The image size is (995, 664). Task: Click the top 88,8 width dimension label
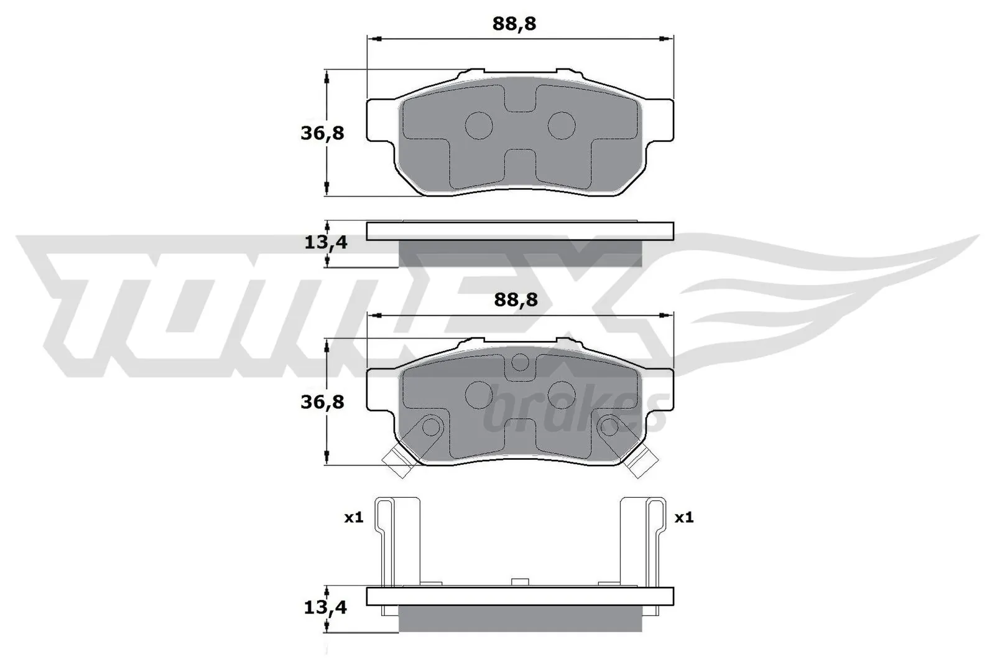coord(514,24)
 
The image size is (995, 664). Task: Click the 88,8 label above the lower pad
coord(516,300)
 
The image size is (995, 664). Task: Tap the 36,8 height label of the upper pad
coord(322,133)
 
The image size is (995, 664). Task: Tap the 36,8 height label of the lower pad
coord(322,402)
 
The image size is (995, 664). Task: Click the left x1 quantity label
coord(354,518)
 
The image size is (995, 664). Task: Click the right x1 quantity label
coord(684,518)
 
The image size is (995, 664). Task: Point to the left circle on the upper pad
coord(479,125)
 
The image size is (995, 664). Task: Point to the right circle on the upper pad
coord(562,125)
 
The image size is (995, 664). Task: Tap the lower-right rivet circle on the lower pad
coord(609,427)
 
